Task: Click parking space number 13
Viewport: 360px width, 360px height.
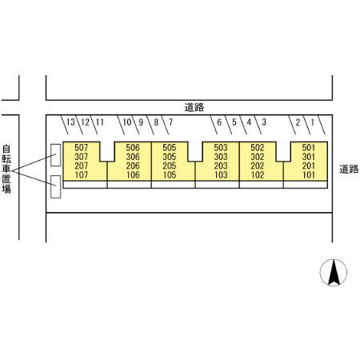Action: [70, 122]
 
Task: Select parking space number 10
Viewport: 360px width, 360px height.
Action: [127, 122]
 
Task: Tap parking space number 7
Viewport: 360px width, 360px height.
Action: [170, 122]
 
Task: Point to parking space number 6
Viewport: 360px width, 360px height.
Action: [219, 122]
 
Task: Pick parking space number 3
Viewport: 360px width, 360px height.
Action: [264, 122]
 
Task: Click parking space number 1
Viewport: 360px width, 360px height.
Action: [313, 122]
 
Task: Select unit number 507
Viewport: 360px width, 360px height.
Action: [81, 147]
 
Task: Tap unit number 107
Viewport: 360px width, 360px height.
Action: [81, 175]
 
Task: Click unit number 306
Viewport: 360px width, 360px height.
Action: [133, 157]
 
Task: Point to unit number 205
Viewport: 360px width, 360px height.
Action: [170, 166]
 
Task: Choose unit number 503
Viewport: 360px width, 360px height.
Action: [221, 147]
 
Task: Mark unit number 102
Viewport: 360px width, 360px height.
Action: [258, 175]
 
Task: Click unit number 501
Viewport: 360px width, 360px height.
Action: [309, 147]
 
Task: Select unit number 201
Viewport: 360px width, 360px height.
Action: [309, 166]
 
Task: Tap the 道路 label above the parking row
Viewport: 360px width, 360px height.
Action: [194, 107]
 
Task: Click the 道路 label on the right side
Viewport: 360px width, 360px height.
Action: [349, 169]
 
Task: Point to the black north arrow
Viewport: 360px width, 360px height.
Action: [334, 272]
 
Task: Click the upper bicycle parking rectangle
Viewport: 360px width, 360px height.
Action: [56, 155]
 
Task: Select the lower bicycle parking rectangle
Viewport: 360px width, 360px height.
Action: [56, 186]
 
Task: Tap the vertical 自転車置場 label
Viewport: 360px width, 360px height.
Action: [6, 169]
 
